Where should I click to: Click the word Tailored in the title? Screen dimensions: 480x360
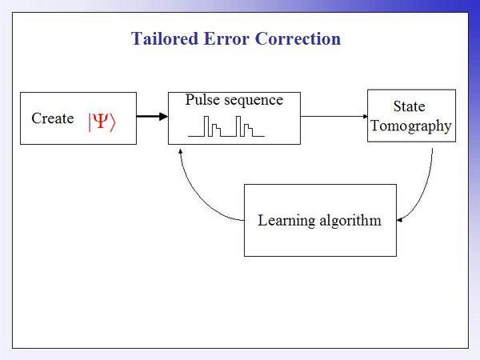coord(165,38)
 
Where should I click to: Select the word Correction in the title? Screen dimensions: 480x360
coord(298,38)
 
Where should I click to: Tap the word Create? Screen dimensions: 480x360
coord(53,118)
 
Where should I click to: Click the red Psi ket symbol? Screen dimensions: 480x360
coord(102,122)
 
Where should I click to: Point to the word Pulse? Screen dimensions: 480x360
coord(202,100)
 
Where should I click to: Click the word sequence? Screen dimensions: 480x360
coord(254,101)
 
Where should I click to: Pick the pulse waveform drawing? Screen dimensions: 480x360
coord(226,126)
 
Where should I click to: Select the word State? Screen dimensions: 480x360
coord(410,106)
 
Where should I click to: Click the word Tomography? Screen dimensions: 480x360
coord(411,126)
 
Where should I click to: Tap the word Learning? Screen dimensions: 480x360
coord(286,221)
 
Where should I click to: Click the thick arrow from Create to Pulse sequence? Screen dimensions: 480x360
coord(152,116)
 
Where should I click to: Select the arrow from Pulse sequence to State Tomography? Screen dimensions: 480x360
coord(334,116)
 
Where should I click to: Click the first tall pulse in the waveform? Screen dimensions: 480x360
coord(206,126)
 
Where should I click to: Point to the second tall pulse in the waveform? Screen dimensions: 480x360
coord(238,126)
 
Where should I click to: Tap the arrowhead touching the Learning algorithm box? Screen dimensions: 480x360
coord(399,220)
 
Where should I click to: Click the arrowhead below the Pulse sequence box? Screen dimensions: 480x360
coord(180,151)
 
